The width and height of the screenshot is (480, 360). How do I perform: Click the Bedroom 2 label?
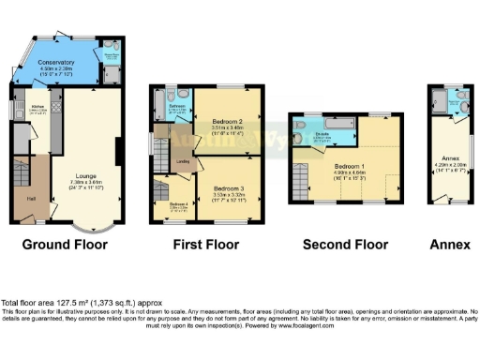(228, 122)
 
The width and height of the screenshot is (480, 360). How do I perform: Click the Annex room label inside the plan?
(446, 158)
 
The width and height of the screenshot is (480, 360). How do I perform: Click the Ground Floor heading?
(65, 245)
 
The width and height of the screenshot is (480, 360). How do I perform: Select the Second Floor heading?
(344, 245)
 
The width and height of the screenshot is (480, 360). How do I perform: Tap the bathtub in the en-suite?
(336, 122)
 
